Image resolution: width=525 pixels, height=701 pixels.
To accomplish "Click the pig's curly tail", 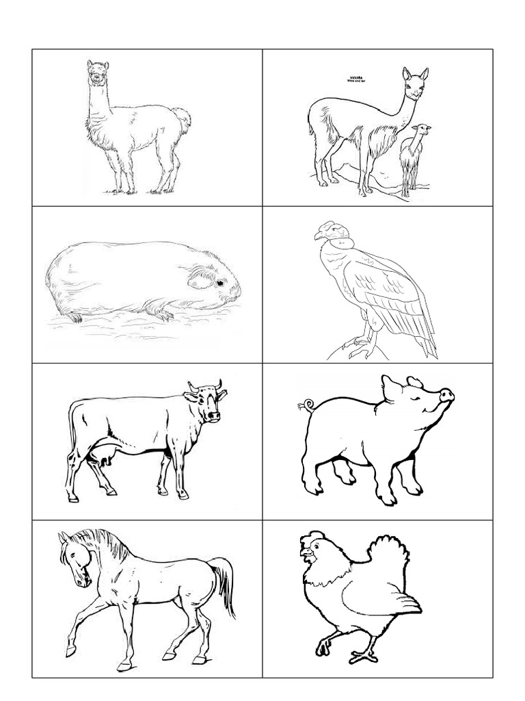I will [304, 407].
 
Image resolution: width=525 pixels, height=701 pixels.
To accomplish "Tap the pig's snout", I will [446, 396].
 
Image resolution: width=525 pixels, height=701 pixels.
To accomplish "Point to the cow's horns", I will [205, 385].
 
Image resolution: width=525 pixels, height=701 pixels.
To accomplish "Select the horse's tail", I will [224, 578].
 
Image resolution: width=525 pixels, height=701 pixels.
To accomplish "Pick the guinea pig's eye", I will [219, 282].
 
